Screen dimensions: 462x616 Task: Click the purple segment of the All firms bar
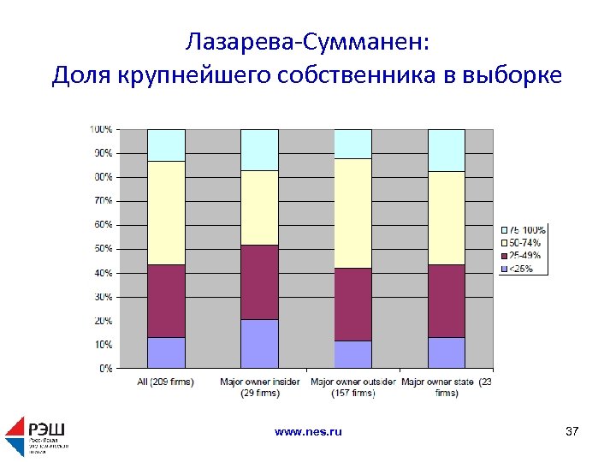[166, 352]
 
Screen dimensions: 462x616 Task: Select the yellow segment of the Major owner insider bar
[259, 207]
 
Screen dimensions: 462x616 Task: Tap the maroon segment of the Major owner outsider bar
[352, 304]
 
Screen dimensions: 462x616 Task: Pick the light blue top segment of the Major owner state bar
[446, 150]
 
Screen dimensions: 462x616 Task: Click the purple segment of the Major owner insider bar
[259, 343]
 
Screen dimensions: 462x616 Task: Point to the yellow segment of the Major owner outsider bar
[352, 213]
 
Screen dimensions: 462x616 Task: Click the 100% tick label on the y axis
[101, 129]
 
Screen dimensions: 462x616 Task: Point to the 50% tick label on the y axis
[103, 249]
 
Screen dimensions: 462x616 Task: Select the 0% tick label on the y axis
[105, 369]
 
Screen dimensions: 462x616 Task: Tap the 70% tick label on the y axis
[103, 201]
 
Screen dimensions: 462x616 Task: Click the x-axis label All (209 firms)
[166, 382]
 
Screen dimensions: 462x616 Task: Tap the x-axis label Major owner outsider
[352, 387]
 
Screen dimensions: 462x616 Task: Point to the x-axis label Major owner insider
[260, 387]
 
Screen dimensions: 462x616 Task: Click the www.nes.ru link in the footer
[308, 432]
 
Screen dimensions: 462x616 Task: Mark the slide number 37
[572, 432]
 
